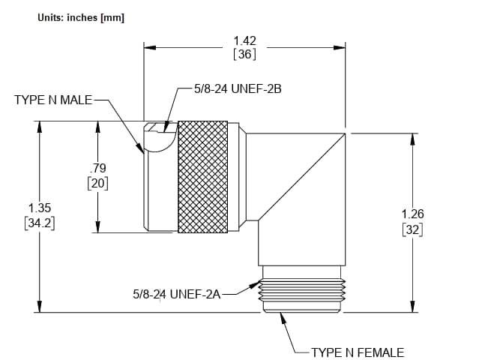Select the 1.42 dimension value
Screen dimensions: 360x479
point(244,40)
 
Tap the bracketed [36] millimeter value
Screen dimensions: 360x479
point(244,54)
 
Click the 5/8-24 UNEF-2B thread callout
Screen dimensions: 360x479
point(237,88)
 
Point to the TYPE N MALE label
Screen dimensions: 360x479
point(54,100)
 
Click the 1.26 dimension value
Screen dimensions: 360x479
point(412,214)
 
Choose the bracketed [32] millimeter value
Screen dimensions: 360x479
point(412,229)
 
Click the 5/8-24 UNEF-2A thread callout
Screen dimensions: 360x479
point(177,294)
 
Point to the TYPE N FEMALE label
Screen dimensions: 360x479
point(357,352)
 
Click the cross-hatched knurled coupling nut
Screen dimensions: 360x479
point(202,176)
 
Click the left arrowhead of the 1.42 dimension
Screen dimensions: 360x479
point(150,47)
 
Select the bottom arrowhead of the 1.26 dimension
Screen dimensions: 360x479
point(412,306)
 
